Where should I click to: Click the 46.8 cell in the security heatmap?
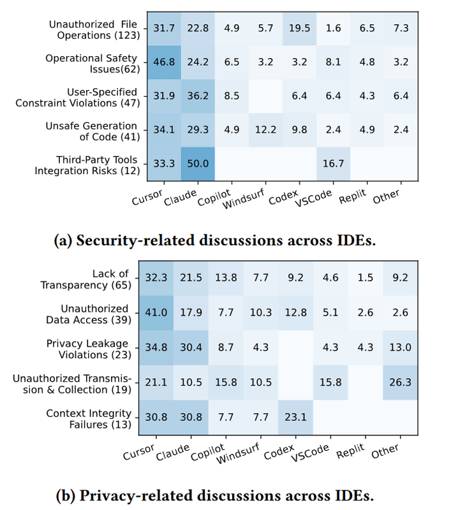164,62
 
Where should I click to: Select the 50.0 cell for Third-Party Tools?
198,164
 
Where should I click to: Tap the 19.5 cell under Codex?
299,28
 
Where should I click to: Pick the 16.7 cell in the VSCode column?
333,164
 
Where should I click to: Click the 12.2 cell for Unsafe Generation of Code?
265,130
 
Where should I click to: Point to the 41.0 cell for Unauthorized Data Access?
156,312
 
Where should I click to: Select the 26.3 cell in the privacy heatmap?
400,382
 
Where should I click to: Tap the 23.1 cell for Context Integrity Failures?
295,417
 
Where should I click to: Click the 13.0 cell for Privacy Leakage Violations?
400,347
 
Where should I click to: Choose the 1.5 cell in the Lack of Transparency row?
365,278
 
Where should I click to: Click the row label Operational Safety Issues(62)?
92,63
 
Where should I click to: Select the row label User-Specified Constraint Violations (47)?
78,98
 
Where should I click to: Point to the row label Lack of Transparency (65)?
86,279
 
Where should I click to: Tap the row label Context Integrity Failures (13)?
89,419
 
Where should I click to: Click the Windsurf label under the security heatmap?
244,199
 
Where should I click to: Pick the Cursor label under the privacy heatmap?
139,452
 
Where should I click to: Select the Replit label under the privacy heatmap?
351,451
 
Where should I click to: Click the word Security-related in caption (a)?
136,241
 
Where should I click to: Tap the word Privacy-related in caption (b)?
138,496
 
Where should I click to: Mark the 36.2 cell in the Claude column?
198,96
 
